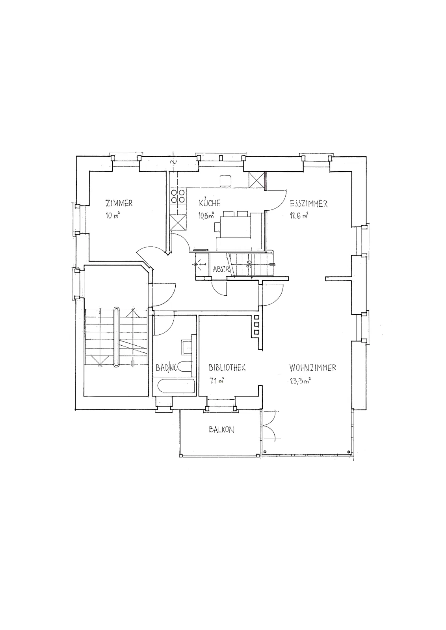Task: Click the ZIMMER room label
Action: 119,203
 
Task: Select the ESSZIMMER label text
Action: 308,204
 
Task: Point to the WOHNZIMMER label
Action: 312,368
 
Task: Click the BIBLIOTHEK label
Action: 227,368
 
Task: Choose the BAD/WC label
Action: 166,368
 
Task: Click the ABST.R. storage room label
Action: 221,269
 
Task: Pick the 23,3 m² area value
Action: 300,382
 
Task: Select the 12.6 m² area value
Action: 299,216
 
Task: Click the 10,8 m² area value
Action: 206,216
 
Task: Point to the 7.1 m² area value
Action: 216,382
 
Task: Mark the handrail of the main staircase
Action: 117,337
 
